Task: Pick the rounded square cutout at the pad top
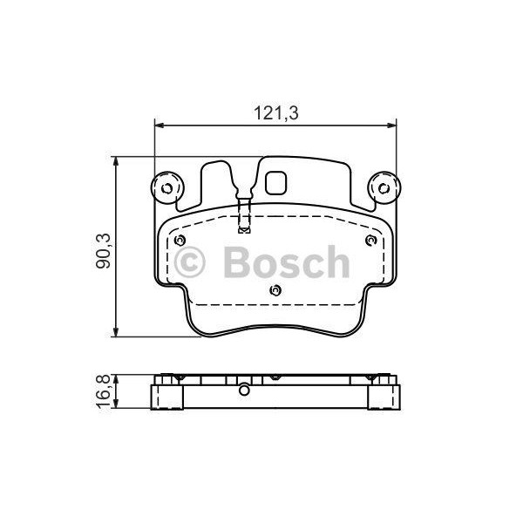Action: tap(276, 184)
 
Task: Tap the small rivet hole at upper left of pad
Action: tap(180, 241)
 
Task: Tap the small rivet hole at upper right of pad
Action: tap(370, 241)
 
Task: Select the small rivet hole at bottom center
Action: tap(275, 291)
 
